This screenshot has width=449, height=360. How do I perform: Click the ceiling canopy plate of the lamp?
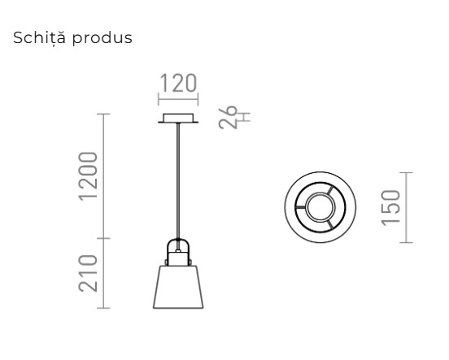tap(177, 119)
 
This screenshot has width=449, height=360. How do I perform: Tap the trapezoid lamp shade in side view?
tap(178, 286)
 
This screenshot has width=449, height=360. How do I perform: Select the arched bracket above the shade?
tap(178, 246)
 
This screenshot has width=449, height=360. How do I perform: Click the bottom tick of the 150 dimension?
tap(408, 242)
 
